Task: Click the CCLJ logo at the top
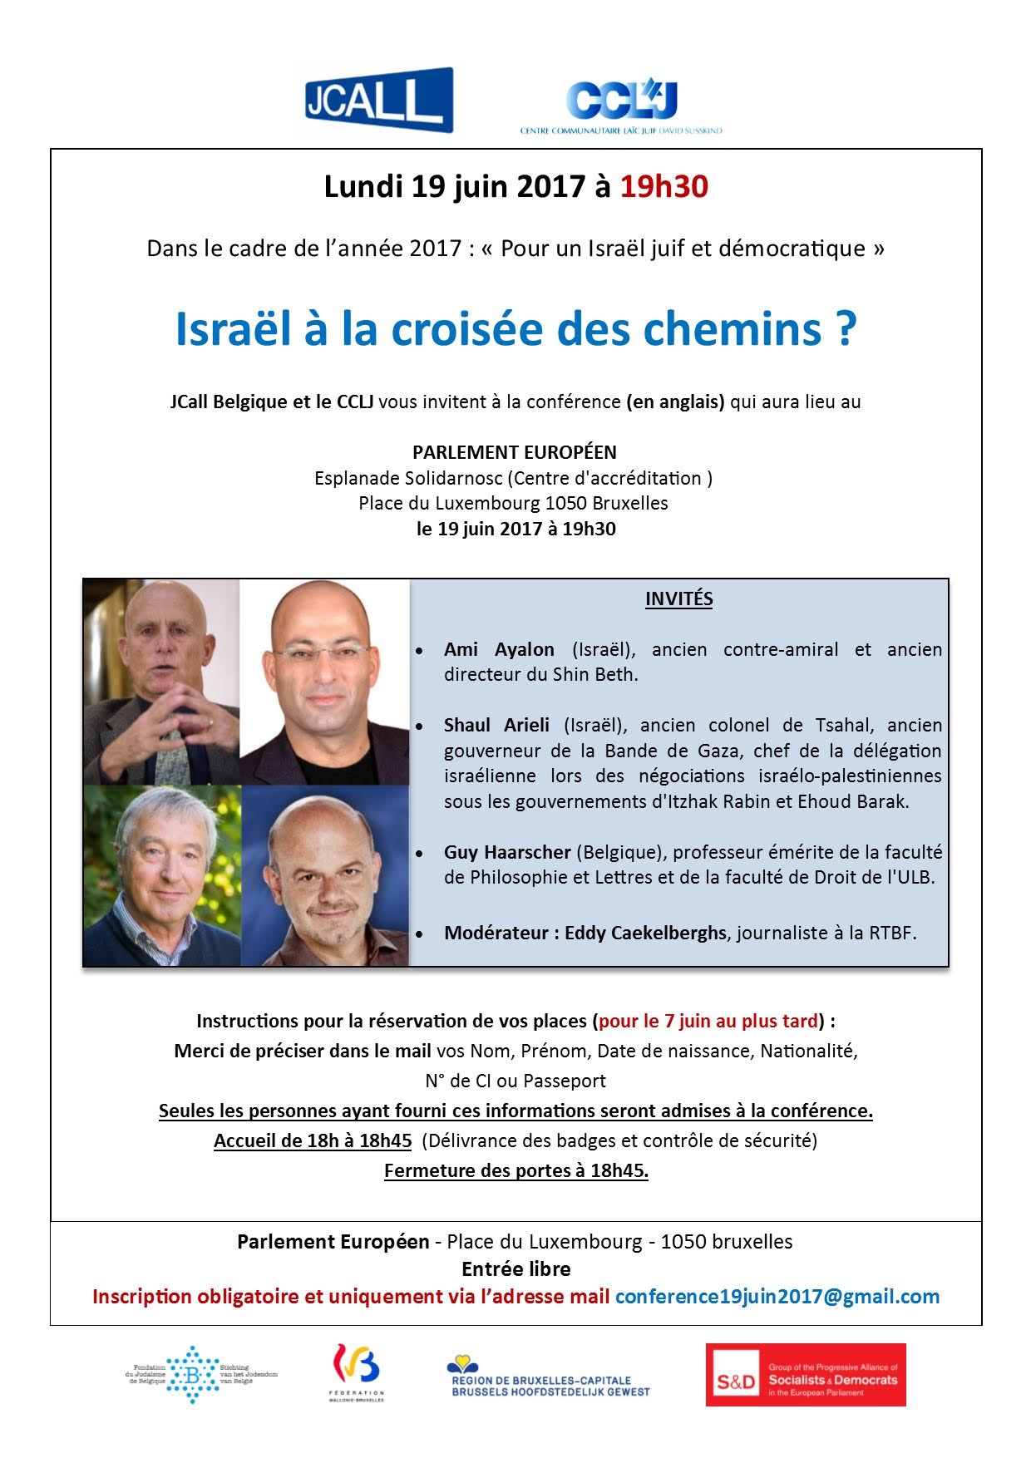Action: pyautogui.click(x=622, y=105)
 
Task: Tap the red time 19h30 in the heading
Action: pyautogui.click(x=663, y=186)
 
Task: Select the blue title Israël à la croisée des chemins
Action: pyautogui.click(x=515, y=329)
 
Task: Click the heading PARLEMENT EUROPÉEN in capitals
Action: pyautogui.click(x=515, y=452)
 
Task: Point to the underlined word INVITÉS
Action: pyautogui.click(x=678, y=598)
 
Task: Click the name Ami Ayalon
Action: pyautogui.click(x=499, y=649)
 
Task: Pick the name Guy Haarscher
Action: pyautogui.click(x=507, y=852)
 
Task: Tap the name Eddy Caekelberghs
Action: pyautogui.click(x=645, y=933)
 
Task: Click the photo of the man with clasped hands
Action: pyautogui.click(x=162, y=682)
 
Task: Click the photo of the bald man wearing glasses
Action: pyautogui.click(x=325, y=682)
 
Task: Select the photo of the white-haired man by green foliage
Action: pyautogui.click(x=162, y=875)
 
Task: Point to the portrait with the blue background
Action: pyautogui.click(x=325, y=875)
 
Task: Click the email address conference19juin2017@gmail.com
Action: pyautogui.click(x=777, y=1297)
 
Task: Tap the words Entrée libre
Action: pyautogui.click(x=516, y=1269)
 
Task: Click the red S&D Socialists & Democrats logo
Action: pyautogui.click(x=805, y=1375)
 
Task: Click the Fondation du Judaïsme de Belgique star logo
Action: pyautogui.click(x=193, y=1374)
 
